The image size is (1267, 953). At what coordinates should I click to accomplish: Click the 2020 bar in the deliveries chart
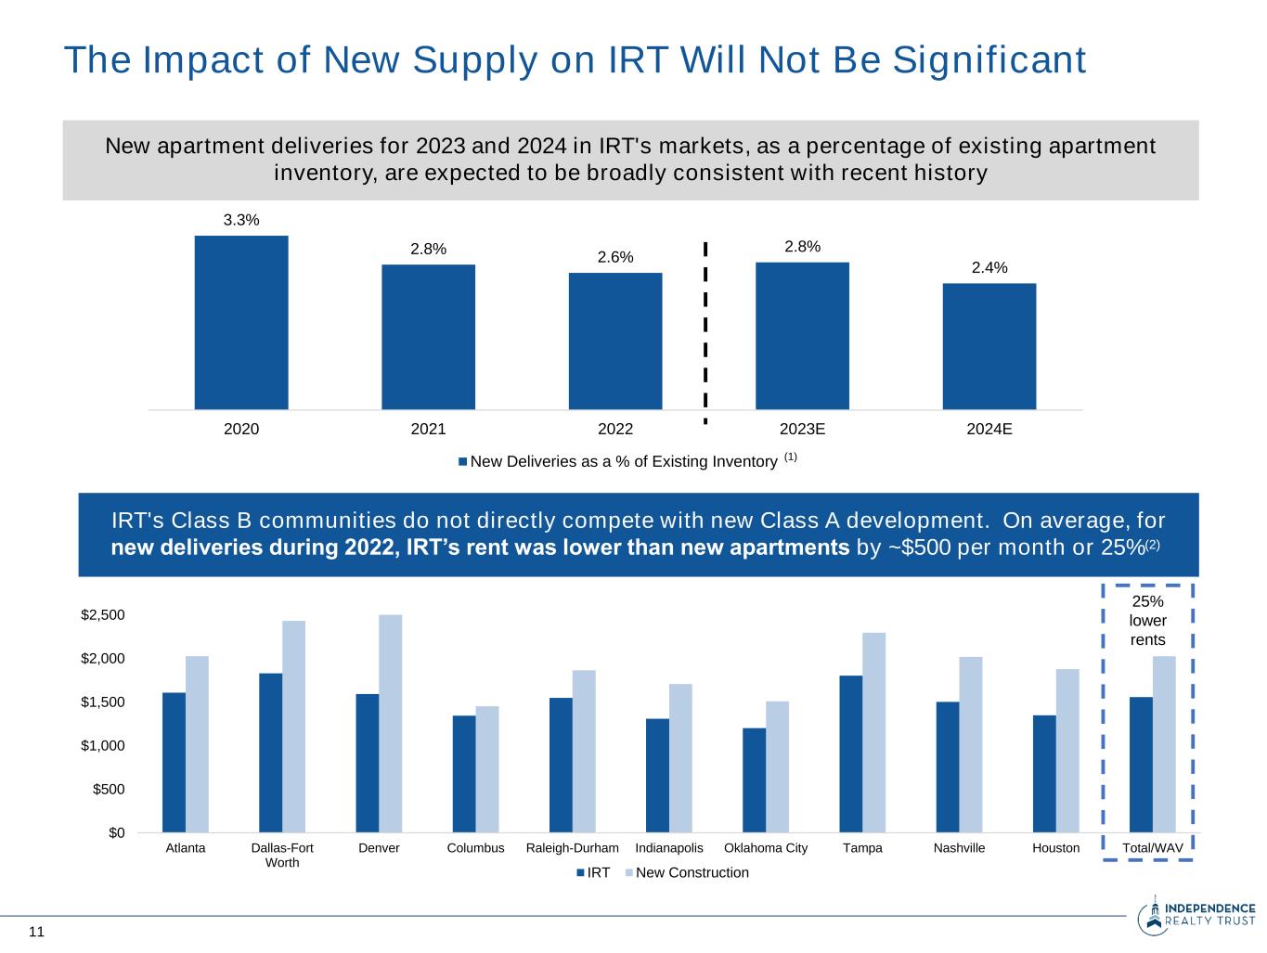[241, 322]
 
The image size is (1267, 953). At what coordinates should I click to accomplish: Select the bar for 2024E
[989, 346]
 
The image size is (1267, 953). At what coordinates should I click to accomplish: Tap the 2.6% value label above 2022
[615, 257]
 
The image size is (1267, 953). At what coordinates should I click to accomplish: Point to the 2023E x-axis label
[802, 430]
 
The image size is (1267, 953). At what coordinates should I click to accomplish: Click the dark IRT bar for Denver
[368, 763]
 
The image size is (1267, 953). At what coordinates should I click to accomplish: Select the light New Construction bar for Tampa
[874, 732]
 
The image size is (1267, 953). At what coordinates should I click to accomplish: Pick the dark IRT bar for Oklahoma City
[755, 779]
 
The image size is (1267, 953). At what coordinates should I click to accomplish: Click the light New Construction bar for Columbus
[487, 769]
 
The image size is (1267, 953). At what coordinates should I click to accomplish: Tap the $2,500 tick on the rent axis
[103, 615]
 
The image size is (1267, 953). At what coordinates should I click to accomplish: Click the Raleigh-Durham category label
[572, 848]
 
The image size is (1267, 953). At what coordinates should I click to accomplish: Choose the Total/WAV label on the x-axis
[1153, 848]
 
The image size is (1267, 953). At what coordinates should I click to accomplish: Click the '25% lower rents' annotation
[1148, 621]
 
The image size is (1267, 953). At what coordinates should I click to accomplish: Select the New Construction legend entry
[692, 873]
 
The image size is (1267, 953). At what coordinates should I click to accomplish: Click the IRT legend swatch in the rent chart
[581, 873]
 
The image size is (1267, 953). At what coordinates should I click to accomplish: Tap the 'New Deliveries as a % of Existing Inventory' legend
[624, 461]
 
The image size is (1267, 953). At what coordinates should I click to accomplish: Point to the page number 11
[37, 932]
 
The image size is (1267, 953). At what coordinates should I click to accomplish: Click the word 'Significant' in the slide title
[989, 60]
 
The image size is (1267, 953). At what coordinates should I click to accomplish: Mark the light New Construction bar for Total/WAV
[1164, 744]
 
